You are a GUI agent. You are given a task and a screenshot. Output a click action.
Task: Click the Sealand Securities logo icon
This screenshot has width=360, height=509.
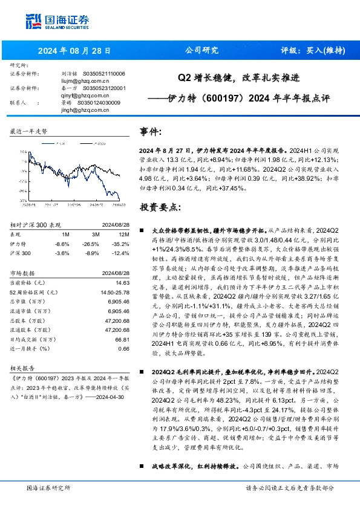pyautogui.click(x=33, y=20)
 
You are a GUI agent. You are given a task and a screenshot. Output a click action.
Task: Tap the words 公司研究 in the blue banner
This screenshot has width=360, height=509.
pyautogui.click(x=201, y=51)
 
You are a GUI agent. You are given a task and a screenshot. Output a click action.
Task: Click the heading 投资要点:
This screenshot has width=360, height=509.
pyautogui.click(x=160, y=208)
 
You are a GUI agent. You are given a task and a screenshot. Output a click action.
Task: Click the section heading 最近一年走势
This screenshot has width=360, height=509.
pyautogui.click(x=28, y=131)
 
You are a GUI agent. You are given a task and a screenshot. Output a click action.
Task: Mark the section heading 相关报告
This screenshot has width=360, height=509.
pyautogui.click(x=22, y=367)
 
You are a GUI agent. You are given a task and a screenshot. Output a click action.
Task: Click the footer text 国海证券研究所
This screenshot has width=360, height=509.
pyautogui.click(x=49, y=488)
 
